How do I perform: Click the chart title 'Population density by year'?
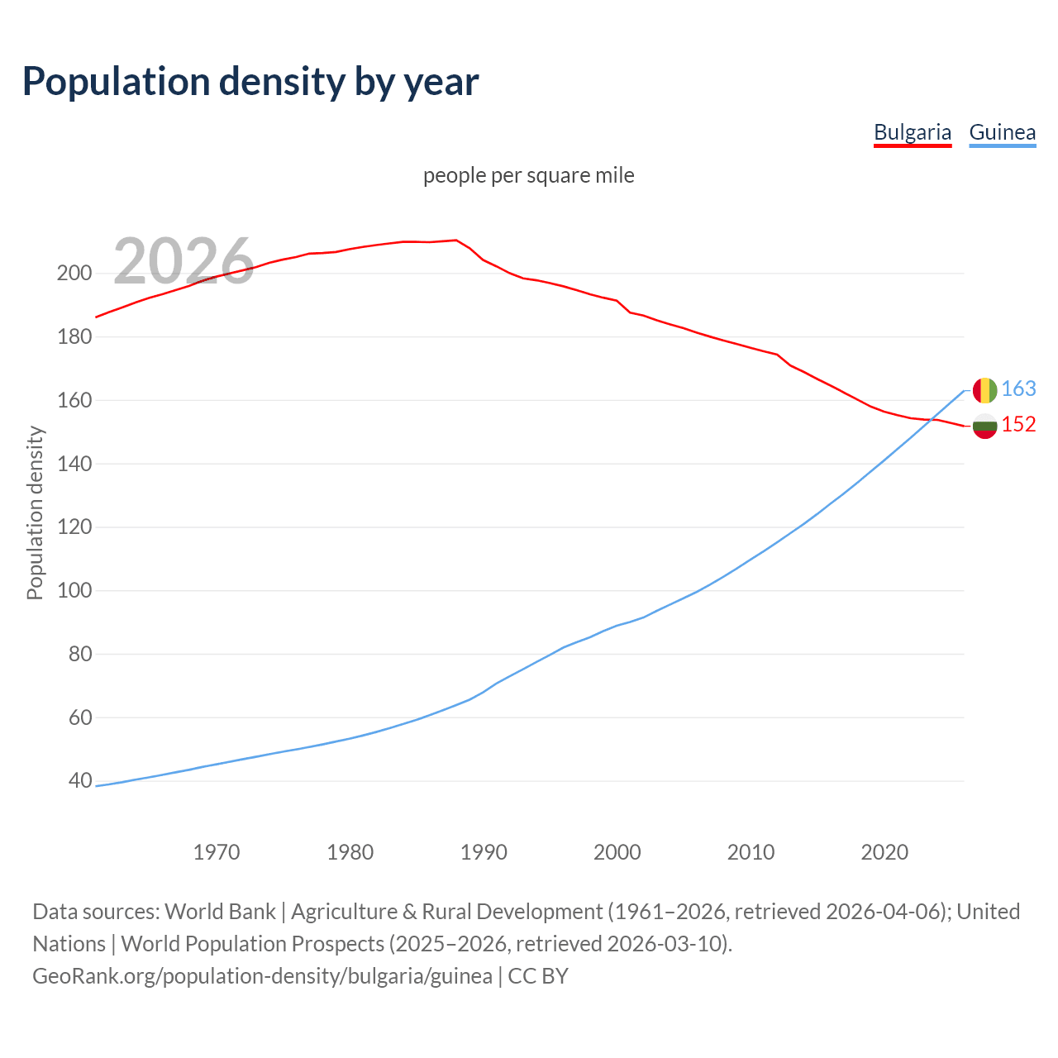(x=250, y=82)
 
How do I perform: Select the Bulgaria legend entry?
(x=913, y=132)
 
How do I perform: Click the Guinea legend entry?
(x=1002, y=132)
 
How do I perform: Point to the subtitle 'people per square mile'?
(x=528, y=175)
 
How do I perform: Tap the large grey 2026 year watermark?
(x=183, y=261)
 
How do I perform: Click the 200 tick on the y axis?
(x=74, y=273)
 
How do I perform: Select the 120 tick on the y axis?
(x=74, y=527)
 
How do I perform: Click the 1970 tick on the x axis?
(x=217, y=851)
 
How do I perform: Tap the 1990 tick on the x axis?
(x=484, y=851)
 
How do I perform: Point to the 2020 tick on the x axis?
(x=884, y=851)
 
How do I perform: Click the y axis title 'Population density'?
(x=35, y=512)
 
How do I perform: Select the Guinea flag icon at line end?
(x=984, y=390)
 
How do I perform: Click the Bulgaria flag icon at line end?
(x=984, y=426)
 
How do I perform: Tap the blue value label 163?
(x=1018, y=388)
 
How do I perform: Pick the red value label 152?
(x=1018, y=424)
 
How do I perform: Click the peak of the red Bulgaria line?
(x=456, y=241)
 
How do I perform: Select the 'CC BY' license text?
(x=538, y=976)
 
